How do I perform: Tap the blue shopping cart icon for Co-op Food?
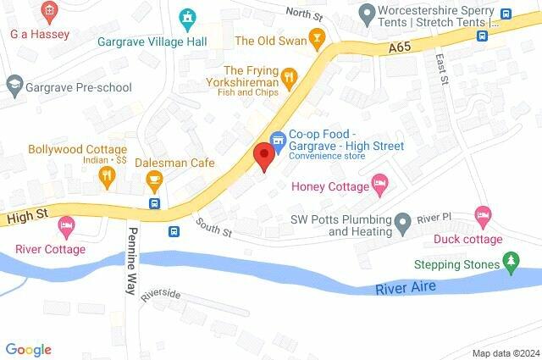[276, 139]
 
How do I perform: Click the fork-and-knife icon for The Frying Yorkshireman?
[290, 77]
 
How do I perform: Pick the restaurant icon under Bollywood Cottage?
[107, 176]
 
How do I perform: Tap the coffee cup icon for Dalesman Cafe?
[154, 178]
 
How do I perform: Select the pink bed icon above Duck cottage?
[483, 215]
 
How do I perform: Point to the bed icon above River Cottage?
[66, 226]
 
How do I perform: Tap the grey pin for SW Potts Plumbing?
[404, 224]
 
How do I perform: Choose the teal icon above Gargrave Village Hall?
[188, 17]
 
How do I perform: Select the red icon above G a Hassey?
[49, 12]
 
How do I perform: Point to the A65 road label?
[402, 50]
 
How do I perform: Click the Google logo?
[29, 349]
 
